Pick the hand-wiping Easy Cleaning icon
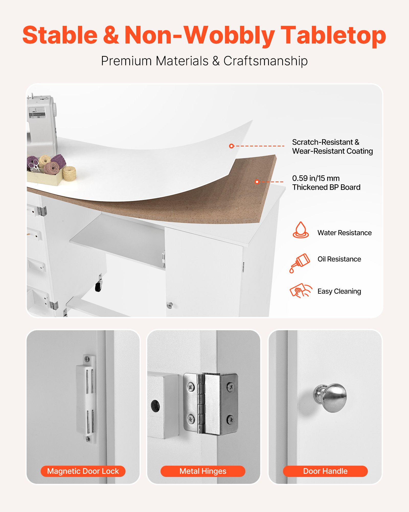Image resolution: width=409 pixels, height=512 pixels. [x=301, y=291]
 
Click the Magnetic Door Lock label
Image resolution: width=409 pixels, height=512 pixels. [x=83, y=471]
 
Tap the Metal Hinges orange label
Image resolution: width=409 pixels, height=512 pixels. [x=203, y=471]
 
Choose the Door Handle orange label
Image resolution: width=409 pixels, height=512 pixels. [x=325, y=471]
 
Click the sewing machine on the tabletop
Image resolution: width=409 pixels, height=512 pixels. [x=41, y=123]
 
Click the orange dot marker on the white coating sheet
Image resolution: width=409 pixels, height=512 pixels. [x=231, y=146]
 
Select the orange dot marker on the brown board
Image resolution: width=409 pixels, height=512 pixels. [x=257, y=182]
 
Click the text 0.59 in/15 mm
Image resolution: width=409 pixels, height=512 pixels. [x=316, y=178]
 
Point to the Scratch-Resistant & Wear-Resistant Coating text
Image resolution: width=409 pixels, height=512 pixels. [x=332, y=146]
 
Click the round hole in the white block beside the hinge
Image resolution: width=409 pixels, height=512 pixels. [x=155, y=406]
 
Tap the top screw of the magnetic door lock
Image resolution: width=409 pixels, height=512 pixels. [x=87, y=359]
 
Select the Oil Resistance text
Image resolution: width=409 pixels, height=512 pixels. [x=339, y=259]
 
